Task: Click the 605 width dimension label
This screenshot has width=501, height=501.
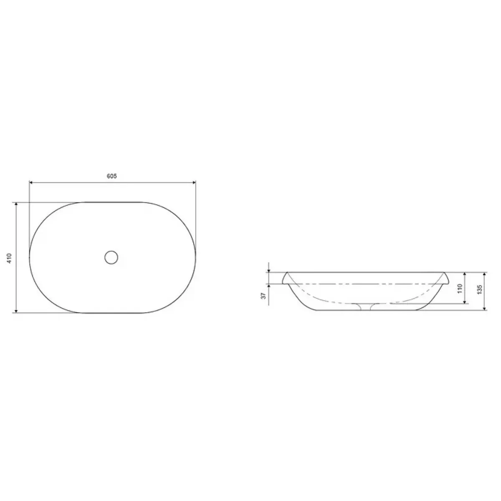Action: tap(112, 176)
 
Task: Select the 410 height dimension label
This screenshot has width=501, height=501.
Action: tap(10, 258)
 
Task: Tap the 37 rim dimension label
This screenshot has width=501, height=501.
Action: tap(263, 295)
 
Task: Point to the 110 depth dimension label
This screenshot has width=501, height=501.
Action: tap(460, 288)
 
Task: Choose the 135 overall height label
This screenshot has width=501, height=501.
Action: tap(480, 290)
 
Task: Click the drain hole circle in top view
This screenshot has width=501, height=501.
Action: tap(111, 258)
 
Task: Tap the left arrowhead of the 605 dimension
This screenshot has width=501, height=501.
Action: tap(31, 182)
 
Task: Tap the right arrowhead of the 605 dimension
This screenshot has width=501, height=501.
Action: tap(194, 182)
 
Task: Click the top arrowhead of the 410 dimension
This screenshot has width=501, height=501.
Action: tap(16, 204)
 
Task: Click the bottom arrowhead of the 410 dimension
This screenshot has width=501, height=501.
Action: tap(16, 311)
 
